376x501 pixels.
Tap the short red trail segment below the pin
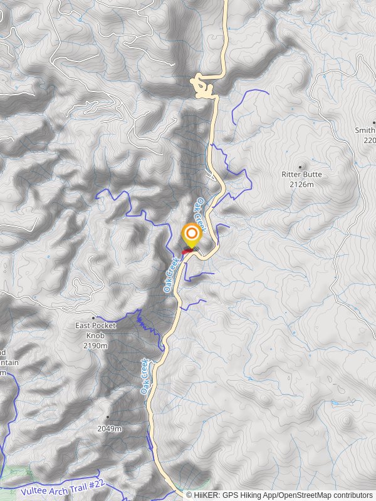click(x=187, y=252)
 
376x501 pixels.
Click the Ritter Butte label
click(x=301, y=175)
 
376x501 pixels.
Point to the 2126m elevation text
click(x=301, y=184)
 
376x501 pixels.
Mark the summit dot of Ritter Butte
click(x=300, y=167)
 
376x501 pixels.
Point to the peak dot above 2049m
click(x=107, y=417)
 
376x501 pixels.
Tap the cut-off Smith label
click(x=365, y=131)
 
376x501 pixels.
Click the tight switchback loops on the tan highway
click(x=202, y=88)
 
